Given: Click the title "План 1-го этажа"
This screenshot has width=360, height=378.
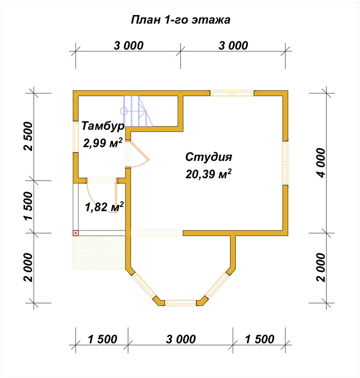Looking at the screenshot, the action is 181,20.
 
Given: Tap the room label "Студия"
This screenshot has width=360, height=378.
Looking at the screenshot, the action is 209,157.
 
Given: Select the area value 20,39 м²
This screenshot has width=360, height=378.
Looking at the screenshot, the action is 209,174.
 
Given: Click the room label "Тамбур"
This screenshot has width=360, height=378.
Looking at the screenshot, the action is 103,126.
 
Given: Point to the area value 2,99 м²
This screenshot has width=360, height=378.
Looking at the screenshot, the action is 103,143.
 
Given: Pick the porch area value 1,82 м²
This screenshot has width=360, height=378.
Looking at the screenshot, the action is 104,207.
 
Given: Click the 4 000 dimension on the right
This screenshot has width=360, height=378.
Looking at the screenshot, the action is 321,163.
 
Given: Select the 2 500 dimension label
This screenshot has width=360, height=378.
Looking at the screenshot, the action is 28,136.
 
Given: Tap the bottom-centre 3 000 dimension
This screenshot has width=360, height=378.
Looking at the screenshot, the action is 181,339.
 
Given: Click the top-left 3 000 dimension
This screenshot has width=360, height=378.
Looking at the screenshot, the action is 128,46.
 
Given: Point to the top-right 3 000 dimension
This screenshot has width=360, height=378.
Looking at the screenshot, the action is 233,46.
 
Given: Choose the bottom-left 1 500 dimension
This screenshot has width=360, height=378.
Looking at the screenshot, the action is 102,339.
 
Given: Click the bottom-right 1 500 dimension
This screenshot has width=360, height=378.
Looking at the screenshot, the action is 260,339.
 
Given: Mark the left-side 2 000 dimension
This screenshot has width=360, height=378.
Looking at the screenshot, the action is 28,267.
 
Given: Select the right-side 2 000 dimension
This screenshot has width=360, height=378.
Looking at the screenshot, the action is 321,267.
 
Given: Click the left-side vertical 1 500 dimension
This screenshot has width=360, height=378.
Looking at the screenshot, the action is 28,206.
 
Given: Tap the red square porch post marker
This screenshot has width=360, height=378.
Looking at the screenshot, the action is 76,233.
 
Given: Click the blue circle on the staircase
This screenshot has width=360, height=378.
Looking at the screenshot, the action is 124,111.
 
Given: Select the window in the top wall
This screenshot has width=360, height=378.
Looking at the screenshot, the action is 232,93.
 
